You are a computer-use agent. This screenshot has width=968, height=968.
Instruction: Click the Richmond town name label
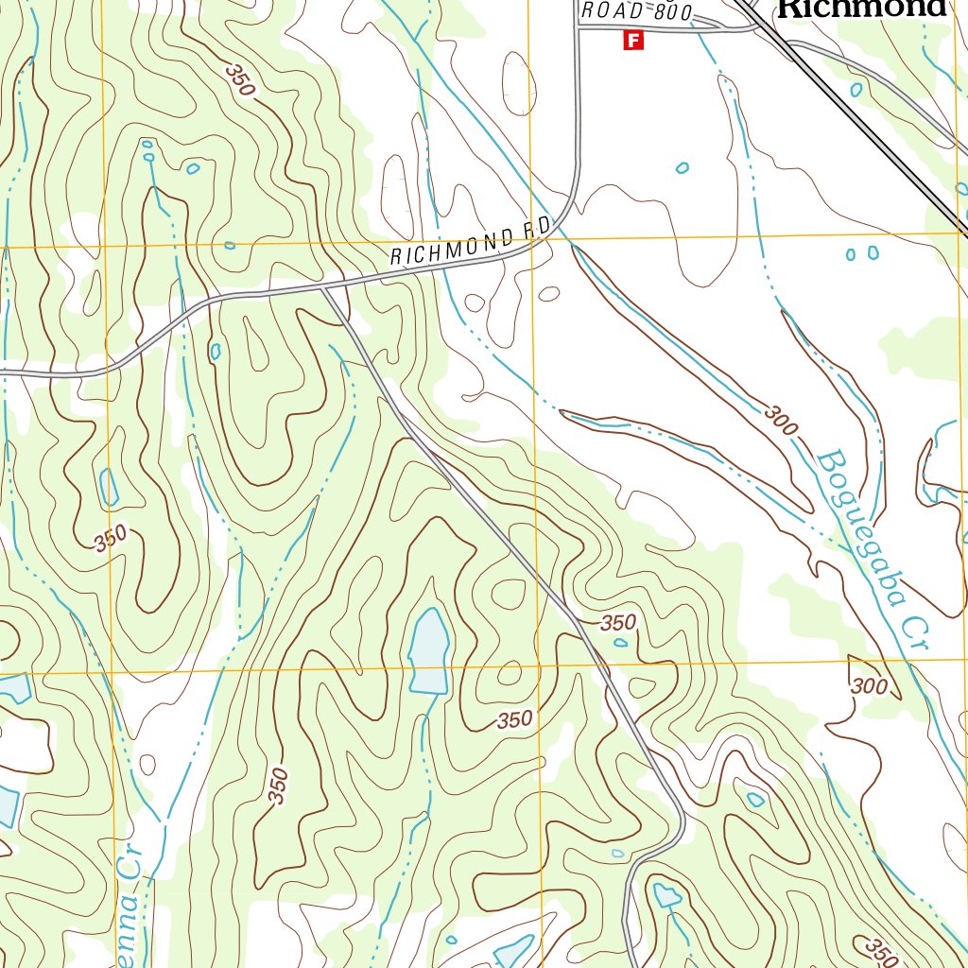[x=861, y=9]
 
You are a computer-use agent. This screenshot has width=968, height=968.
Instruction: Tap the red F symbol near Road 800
[x=633, y=41]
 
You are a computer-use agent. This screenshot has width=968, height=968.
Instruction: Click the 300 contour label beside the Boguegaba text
[x=782, y=419]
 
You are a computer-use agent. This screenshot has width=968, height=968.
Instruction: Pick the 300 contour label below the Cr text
[x=869, y=686]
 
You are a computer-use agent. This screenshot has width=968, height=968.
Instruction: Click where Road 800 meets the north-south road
[x=578, y=28]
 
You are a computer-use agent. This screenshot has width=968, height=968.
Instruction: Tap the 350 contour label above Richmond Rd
[x=240, y=80]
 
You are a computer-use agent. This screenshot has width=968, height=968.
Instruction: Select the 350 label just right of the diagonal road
[x=618, y=623]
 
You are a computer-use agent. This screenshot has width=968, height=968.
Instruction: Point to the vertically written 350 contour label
[x=277, y=786]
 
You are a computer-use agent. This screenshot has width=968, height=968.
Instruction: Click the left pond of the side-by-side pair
[x=851, y=253]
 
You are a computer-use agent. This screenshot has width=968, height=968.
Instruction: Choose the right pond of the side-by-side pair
[x=873, y=252]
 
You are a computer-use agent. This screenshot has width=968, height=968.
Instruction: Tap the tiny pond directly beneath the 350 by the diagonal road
[x=620, y=643]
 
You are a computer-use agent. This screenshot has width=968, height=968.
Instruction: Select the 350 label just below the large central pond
[x=514, y=719]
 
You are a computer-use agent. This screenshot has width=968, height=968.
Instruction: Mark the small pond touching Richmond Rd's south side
[x=216, y=352]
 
